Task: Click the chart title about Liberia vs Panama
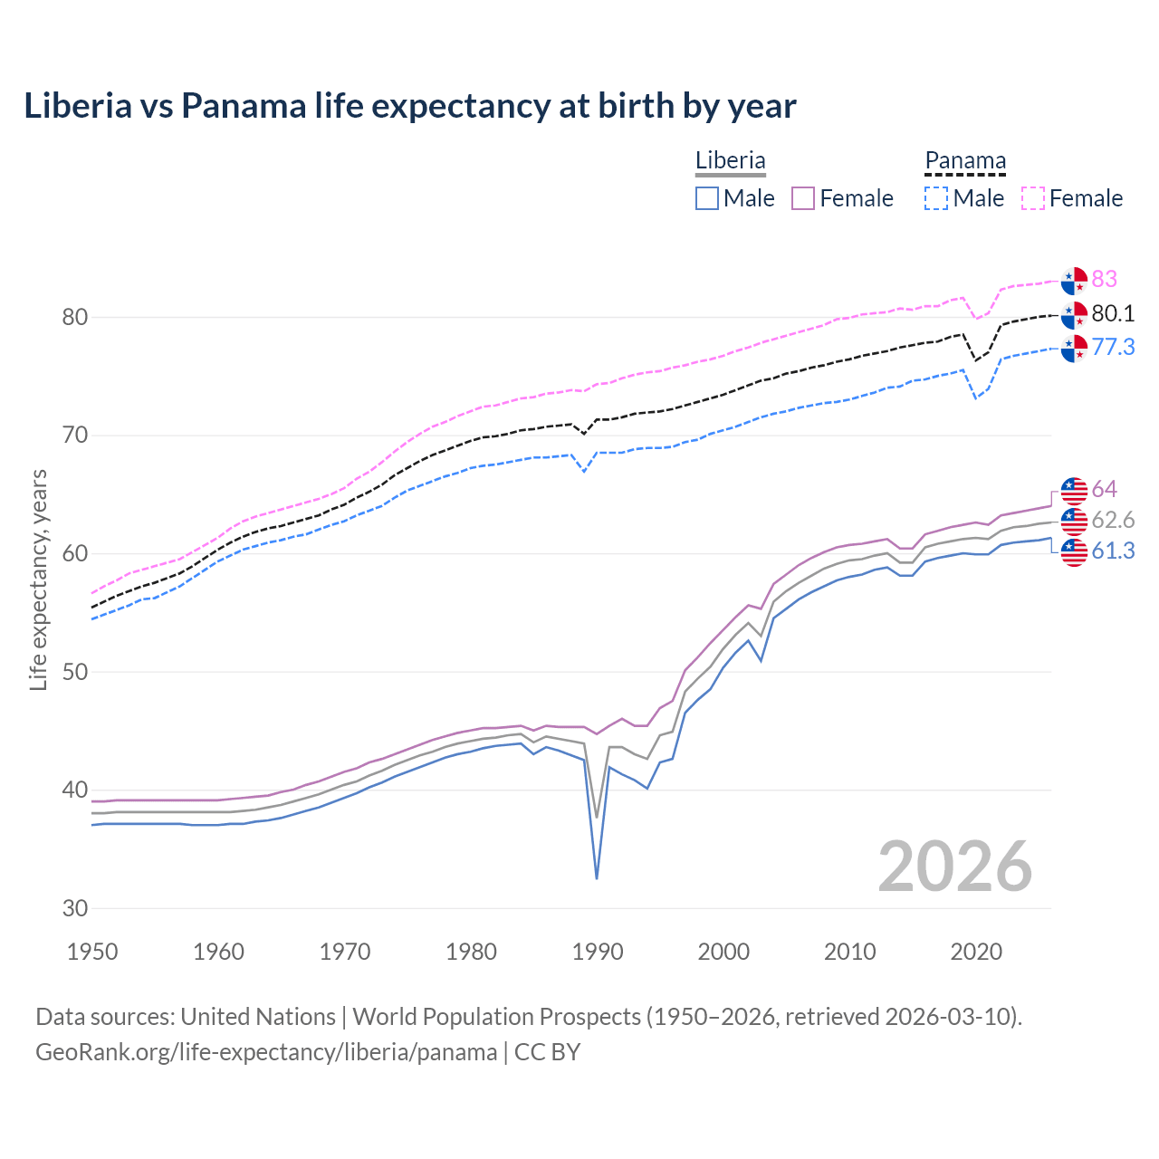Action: click(409, 106)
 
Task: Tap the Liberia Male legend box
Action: click(707, 198)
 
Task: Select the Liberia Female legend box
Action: click(803, 198)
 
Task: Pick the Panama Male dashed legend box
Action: click(936, 198)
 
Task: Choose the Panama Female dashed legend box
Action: click(1032, 198)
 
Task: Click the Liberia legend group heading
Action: click(730, 160)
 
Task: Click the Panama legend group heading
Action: click(964, 160)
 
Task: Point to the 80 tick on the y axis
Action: click(75, 317)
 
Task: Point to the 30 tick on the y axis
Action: click(75, 908)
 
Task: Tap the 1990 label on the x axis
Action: click(598, 952)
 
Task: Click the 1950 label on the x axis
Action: click(92, 952)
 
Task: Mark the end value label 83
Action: click(1104, 279)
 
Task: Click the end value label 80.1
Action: click(1113, 313)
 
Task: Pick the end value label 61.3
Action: click(1113, 551)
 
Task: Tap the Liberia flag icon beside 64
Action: click(1074, 490)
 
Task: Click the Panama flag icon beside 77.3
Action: click(1074, 348)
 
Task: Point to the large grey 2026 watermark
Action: click(954, 867)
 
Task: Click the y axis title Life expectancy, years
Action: click(38, 579)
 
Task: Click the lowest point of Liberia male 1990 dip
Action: click(597, 878)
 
